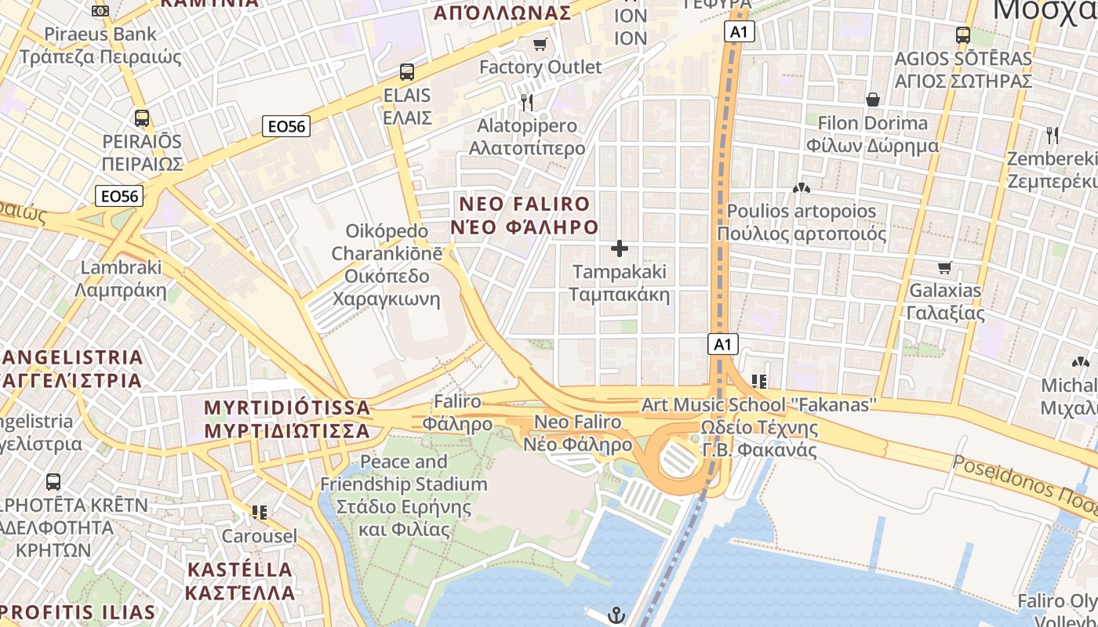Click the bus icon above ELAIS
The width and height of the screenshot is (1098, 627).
[x=407, y=72]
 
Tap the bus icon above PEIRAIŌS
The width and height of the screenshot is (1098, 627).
[x=142, y=118]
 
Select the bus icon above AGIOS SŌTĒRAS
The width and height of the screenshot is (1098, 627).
[x=963, y=35]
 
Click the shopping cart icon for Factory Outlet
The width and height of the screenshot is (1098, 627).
[x=540, y=44]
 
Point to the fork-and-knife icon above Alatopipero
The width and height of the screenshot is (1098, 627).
[x=527, y=102]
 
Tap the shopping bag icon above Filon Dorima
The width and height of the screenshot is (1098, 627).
[x=872, y=100]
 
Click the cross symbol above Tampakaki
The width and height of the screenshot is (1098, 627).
[x=620, y=249]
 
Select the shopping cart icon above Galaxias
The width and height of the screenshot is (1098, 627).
[x=945, y=267]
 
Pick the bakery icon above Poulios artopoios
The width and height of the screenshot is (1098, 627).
[x=801, y=188]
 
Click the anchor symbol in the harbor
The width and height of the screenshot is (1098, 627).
[x=616, y=615]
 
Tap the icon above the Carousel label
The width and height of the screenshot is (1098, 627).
[x=260, y=513]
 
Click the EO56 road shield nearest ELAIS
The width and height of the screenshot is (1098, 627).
[x=286, y=125]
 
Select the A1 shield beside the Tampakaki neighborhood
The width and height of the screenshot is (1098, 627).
[x=723, y=343]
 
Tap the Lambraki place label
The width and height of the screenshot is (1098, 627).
[x=121, y=278]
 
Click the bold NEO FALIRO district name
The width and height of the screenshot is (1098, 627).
[x=524, y=216]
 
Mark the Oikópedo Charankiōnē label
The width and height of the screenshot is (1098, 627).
[x=387, y=265]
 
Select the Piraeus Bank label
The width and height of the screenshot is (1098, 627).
[x=100, y=45]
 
